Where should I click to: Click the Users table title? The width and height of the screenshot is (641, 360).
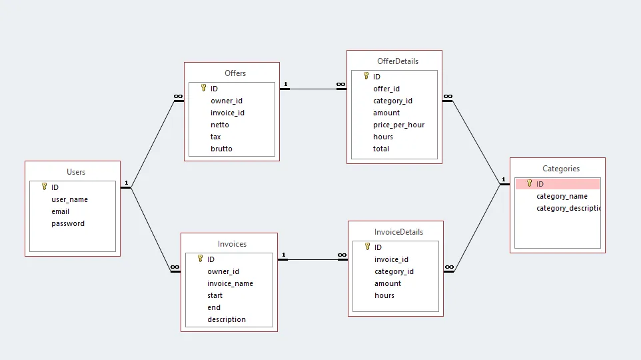tap(76, 172)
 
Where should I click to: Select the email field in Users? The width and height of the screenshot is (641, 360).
tap(61, 211)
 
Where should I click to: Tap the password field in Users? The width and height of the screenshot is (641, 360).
tap(68, 223)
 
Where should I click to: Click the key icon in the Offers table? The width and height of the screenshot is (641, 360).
tap(203, 88)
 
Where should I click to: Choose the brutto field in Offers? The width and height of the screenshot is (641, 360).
tap(221, 149)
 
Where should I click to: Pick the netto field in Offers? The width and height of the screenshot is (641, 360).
tap(220, 125)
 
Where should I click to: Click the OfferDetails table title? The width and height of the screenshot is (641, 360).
tap(398, 61)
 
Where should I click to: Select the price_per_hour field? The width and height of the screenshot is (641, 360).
tap(398, 125)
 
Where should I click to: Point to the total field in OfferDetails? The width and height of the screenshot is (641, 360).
tap(381, 149)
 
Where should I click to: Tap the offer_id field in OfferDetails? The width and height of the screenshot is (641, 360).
tap(386, 89)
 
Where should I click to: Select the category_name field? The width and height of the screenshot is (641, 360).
tap(562, 196)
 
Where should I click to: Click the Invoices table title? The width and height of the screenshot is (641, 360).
tap(232, 244)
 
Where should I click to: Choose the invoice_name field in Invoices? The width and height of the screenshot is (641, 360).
tap(230, 283)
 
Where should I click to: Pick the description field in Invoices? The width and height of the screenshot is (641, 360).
tap(227, 319)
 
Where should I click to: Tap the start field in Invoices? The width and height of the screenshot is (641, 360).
tap(215, 295)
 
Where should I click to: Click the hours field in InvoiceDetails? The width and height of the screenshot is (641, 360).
tap(384, 295)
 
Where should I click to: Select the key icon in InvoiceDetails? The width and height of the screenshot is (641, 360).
tap(367, 247)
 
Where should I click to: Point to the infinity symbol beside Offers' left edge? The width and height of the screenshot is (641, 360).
tap(178, 97)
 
